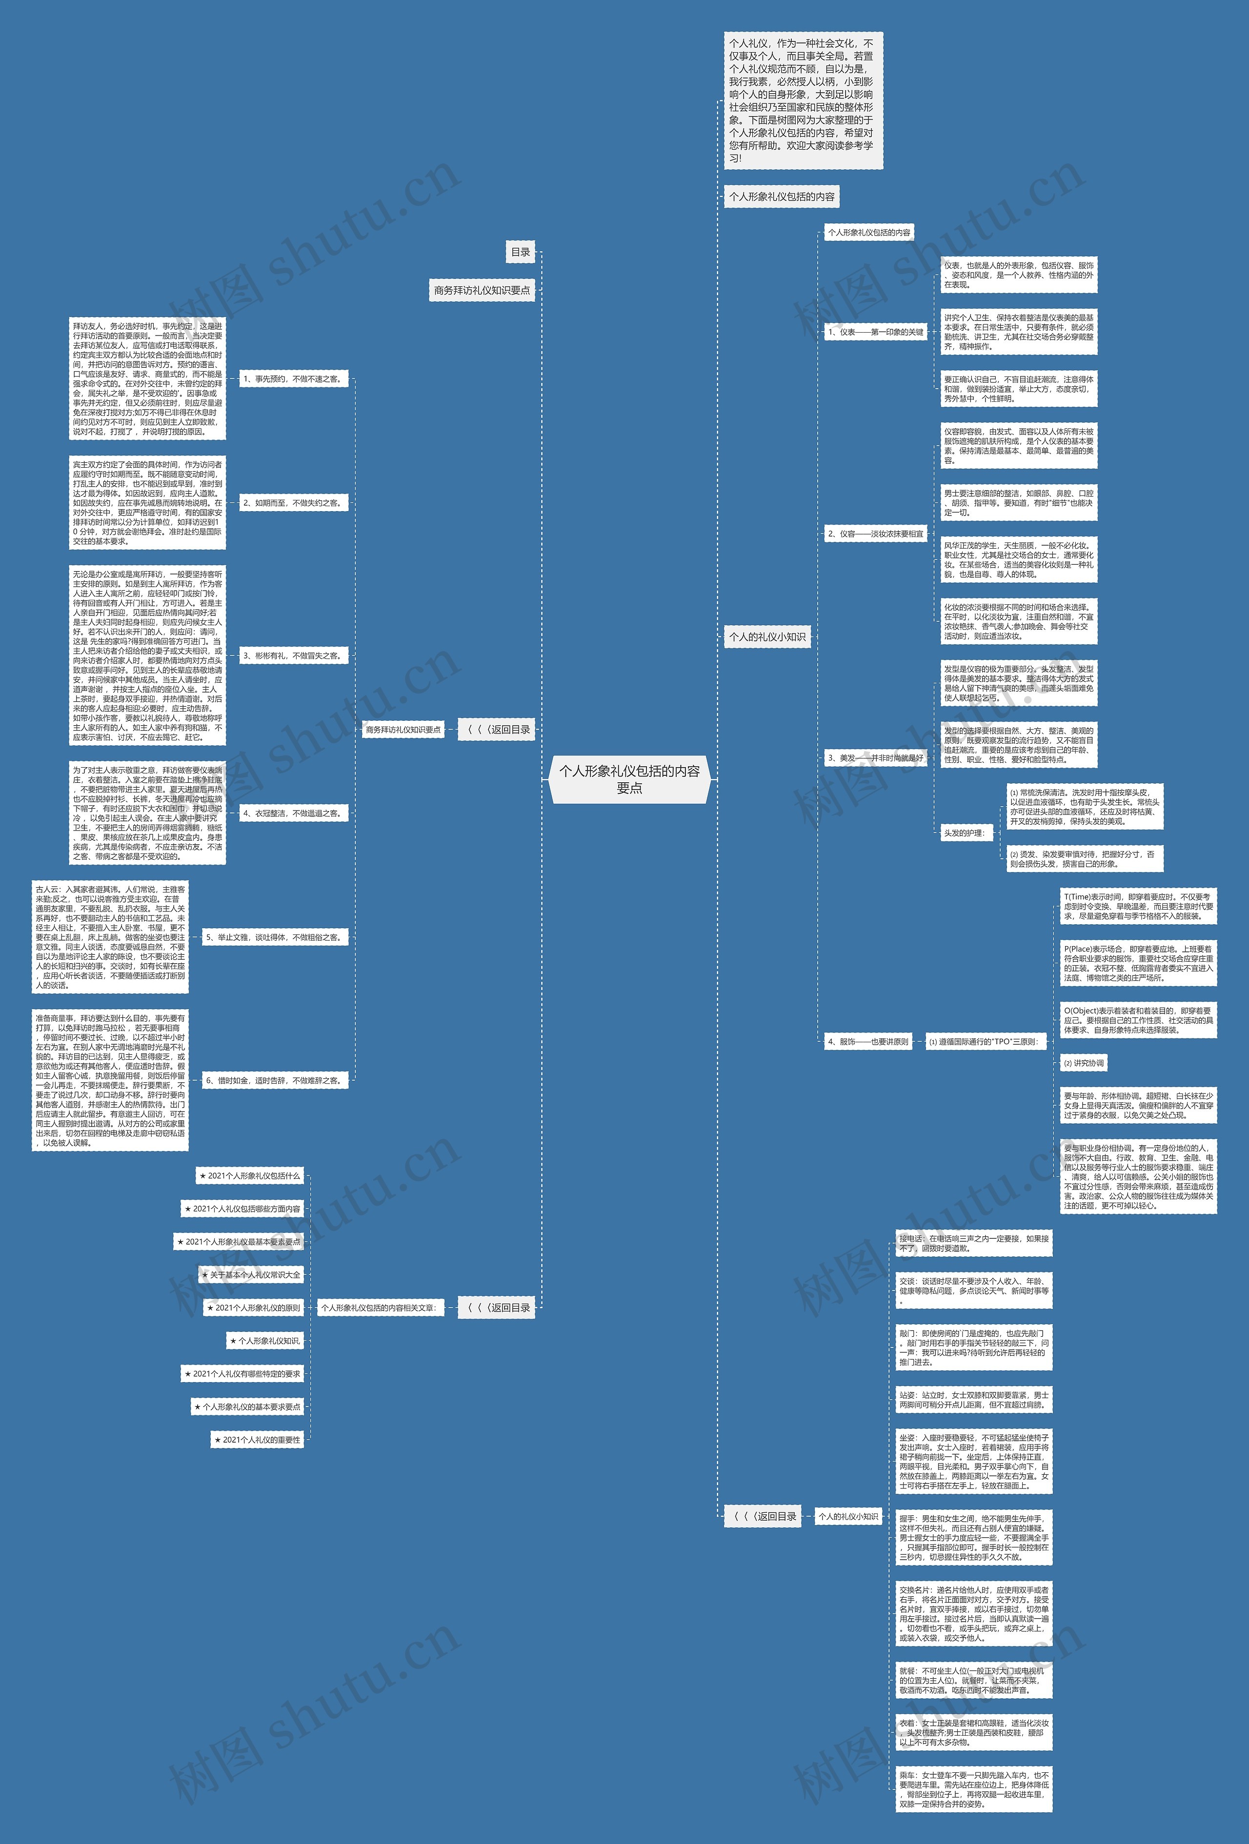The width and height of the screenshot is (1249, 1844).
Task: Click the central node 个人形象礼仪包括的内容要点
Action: tap(629, 779)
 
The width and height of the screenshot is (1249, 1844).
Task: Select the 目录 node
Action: tap(521, 252)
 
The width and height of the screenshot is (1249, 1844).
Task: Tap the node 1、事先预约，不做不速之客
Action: tap(292, 379)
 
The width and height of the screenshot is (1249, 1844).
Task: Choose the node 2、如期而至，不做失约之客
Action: tap(292, 503)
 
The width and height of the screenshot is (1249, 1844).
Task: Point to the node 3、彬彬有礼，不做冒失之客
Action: tap(292, 656)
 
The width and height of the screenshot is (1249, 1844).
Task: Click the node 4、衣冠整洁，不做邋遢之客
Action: tap(292, 813)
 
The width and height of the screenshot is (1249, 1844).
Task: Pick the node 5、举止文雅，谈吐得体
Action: tap(274, 937)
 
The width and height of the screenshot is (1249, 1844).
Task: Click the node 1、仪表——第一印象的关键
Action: tap(875, 333)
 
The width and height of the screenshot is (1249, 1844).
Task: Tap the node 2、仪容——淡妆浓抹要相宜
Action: tap(875, 534)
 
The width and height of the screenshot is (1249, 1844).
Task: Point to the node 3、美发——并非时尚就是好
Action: tap(875, 758)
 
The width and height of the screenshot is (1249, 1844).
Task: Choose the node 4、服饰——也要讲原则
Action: tap(867, 1042)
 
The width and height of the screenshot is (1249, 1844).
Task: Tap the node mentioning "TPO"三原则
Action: tap(983, 1042)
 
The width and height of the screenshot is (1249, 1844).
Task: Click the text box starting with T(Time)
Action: tap(1138, 906)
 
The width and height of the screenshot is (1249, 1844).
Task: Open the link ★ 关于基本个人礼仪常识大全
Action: tap(251, 1275)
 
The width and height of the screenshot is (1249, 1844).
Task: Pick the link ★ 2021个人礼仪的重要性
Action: tap(257, 1440)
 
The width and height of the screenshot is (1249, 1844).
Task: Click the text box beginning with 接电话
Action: tap(974, 1243)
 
